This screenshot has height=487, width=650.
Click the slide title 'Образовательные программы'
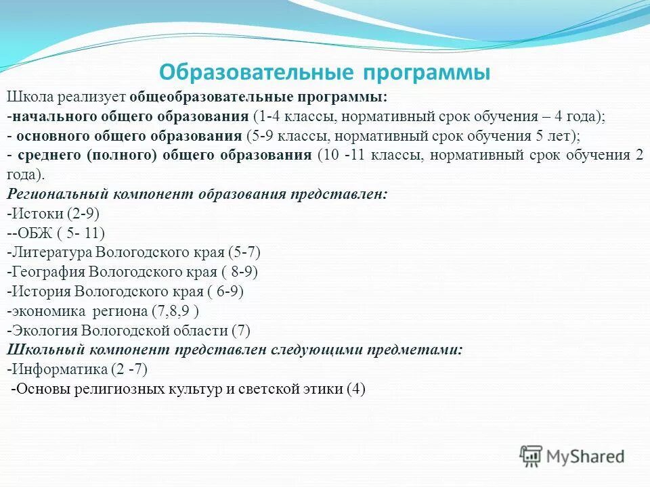tap(324, 72)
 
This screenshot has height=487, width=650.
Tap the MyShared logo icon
tap(532, 456)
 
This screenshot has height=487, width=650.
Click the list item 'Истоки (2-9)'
tap(54, 213)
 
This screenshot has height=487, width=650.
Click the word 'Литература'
tap(50, 252)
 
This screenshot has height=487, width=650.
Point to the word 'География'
tap(47, 272)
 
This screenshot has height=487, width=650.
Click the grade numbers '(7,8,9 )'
tap(175, 311)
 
